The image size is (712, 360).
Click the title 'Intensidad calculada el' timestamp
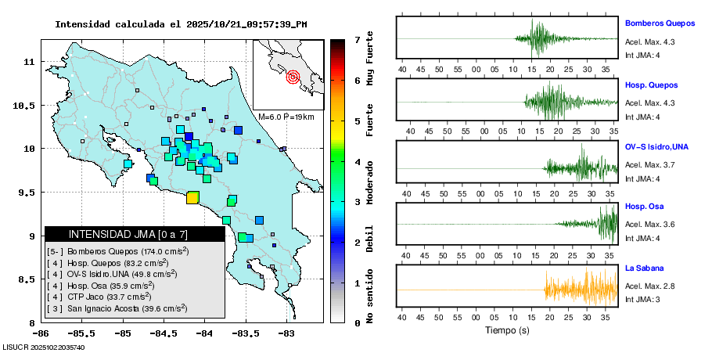181,23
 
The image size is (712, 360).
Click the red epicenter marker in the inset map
293,77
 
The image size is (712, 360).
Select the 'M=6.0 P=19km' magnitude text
286,117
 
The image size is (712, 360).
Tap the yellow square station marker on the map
192,197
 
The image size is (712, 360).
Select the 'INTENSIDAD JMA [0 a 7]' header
128,234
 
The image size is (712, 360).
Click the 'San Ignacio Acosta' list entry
117,308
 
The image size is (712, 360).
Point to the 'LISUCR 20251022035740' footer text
44,347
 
